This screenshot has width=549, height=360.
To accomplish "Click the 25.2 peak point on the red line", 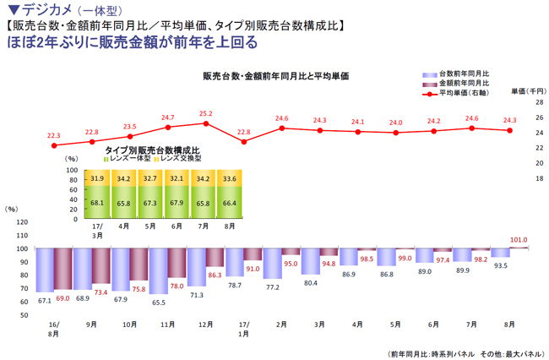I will pyautogui.click(x=206, y=123).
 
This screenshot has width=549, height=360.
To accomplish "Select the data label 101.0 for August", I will pyautogui.click(x=519, y=240).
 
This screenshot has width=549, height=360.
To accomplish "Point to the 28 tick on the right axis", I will pyautogui.click(x=537, y=102).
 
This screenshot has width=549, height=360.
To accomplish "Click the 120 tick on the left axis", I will pyautogui.click(x=23, y=222).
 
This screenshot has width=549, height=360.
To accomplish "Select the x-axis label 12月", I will pyautogui.click(x=206, y=324).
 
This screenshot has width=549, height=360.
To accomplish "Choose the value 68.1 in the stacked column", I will pyautogui.click(x=96, y=202).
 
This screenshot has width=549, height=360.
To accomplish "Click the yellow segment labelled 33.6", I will pyautogui.click(x=229, y=178).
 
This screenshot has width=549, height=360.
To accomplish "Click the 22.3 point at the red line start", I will pyautogui.click(x=54, y=145).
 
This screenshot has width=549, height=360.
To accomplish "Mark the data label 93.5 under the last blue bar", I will pyautogui.click(x=500, y=265).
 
